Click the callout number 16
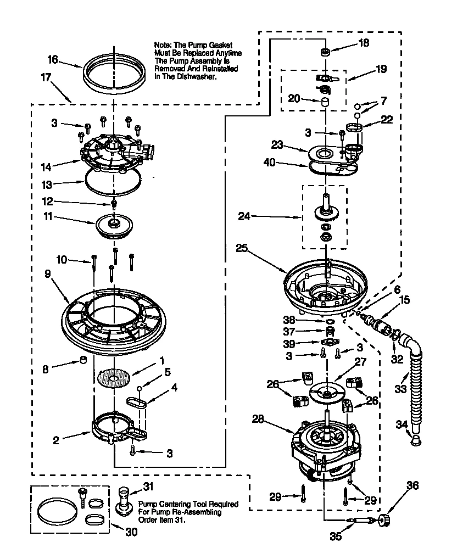click(53, 60)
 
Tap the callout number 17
click(45, 77)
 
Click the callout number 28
click(258, 419)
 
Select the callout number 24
click(244, 216)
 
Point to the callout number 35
click(334, 536)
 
